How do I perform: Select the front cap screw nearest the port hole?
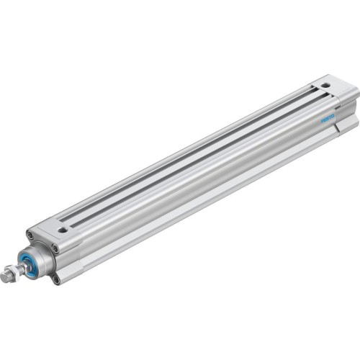[53, 247]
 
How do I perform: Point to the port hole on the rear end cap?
[325, 85]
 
